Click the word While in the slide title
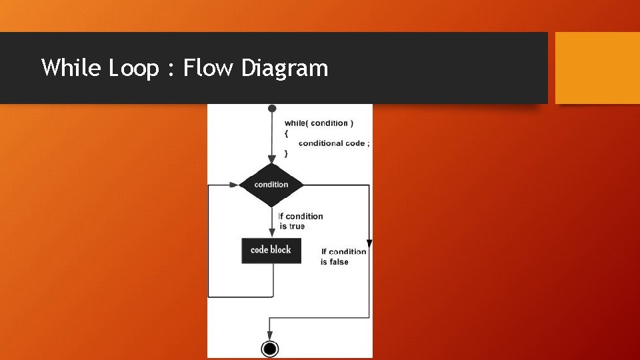[69, 68]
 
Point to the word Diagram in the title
[285, 68]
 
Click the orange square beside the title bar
[597, 68]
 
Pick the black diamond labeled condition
[271, 185]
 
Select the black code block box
[271, 250]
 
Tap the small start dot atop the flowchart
[271, 109]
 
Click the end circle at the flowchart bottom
[270, 348]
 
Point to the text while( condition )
[319, 123]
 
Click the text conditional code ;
[334, 143]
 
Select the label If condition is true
[301, 221]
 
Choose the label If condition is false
[343, 257]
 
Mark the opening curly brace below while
[287, 133]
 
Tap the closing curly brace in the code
[287, 153]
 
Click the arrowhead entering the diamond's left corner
[234, 185]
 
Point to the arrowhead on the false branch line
[369, 243]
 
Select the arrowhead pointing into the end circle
[269, 335]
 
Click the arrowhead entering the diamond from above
[271, 159]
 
